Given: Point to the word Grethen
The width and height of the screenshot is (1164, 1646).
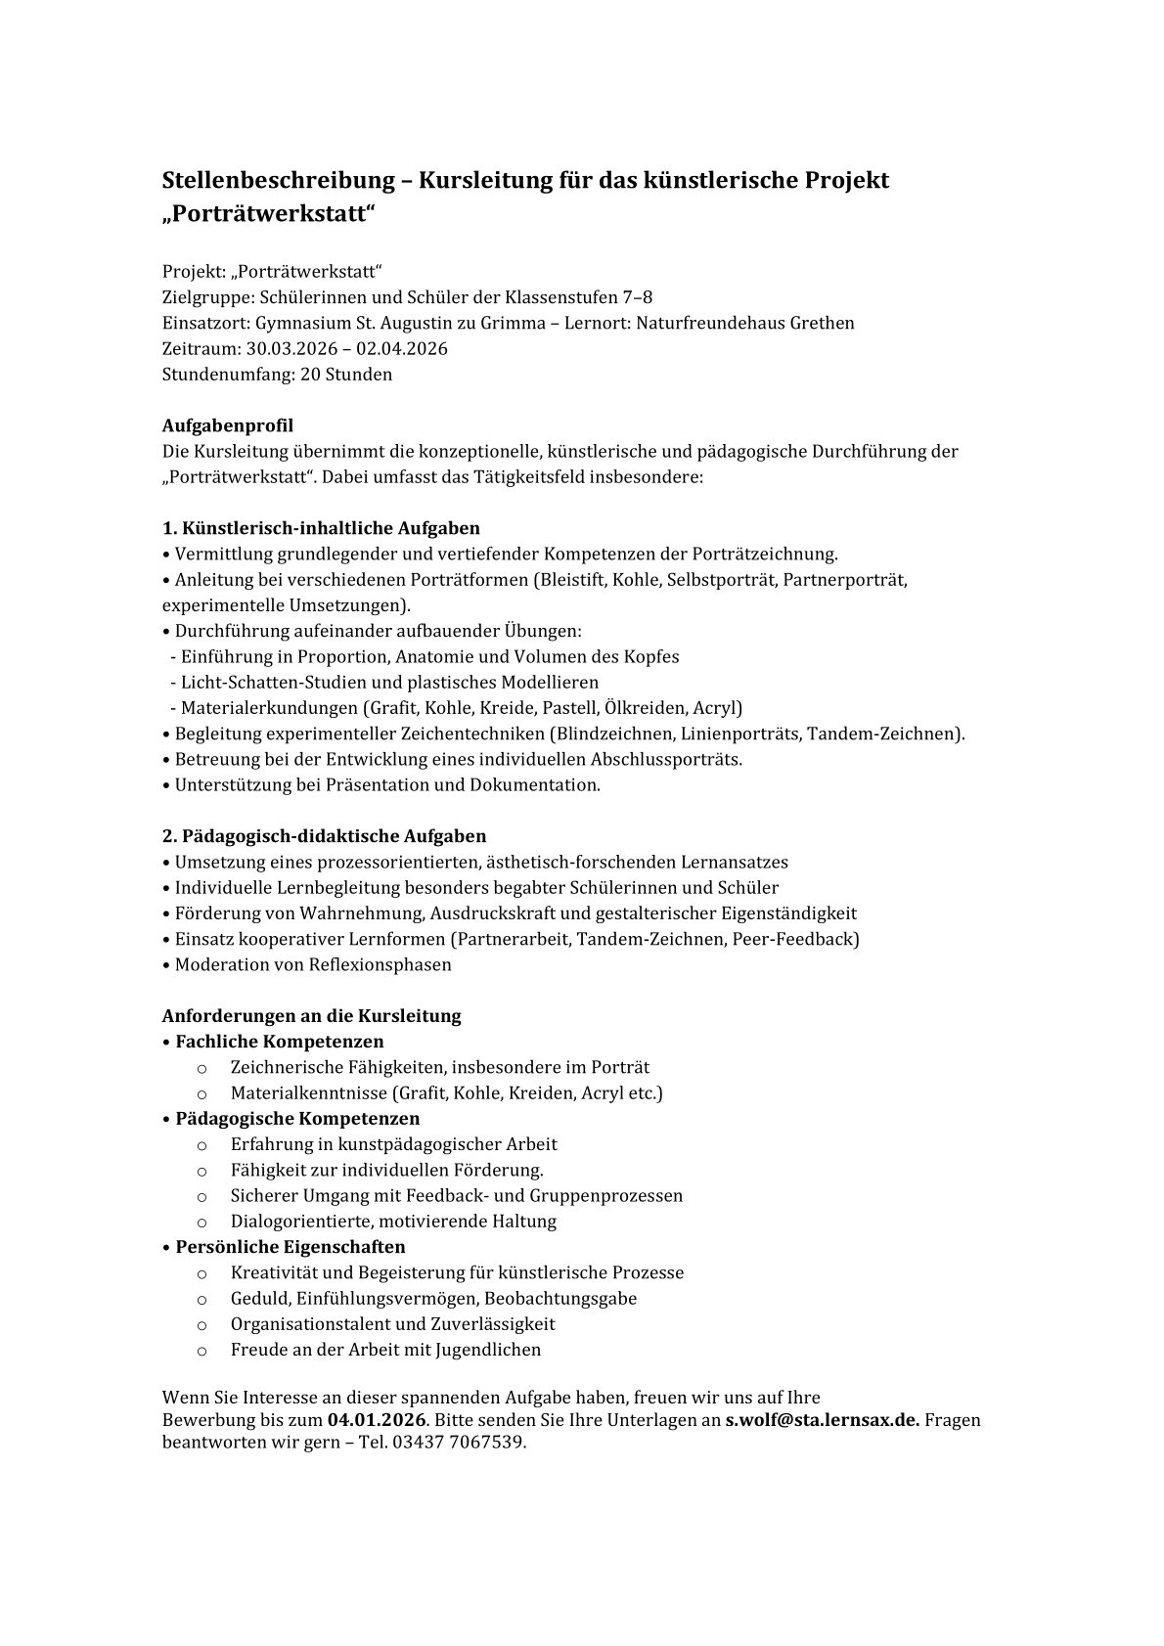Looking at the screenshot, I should [821, 323].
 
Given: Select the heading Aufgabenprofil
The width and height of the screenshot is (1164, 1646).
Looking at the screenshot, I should [227, 425].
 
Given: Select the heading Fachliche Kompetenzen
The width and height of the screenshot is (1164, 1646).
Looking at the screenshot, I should [279, 1041].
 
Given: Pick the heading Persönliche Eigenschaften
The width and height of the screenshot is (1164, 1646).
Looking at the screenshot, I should [290, 1246].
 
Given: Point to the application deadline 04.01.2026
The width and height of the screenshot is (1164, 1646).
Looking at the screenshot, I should [377, 1419].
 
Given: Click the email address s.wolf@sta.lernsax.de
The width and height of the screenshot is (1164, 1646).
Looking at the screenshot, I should [821, 1419].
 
